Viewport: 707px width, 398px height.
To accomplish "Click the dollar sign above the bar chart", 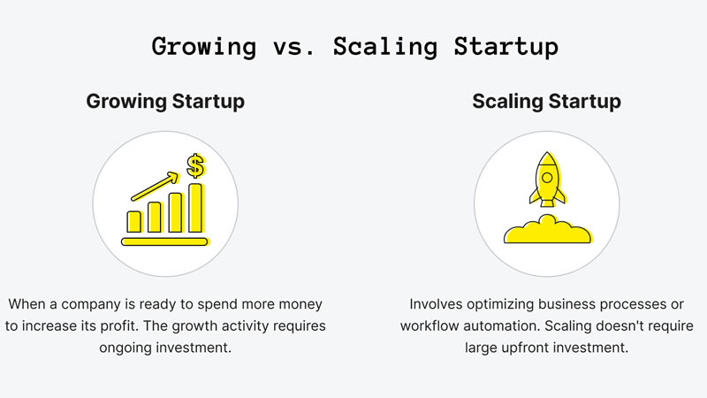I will pos(195,165).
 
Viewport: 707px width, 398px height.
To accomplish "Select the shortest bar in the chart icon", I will pos(134,221).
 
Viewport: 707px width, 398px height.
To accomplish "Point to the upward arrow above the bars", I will pos(156,183).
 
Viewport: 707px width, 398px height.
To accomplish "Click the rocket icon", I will pos(547,181).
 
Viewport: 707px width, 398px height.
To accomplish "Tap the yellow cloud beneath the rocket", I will pos(547,232).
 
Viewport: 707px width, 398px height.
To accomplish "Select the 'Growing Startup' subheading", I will pos(165,102).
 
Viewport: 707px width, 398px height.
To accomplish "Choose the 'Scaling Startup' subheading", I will pos(546,102).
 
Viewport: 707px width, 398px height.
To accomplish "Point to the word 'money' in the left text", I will pos(301,303).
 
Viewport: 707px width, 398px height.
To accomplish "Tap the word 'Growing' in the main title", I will pos(204,47).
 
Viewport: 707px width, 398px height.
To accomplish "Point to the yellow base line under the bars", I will pos(164,241).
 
